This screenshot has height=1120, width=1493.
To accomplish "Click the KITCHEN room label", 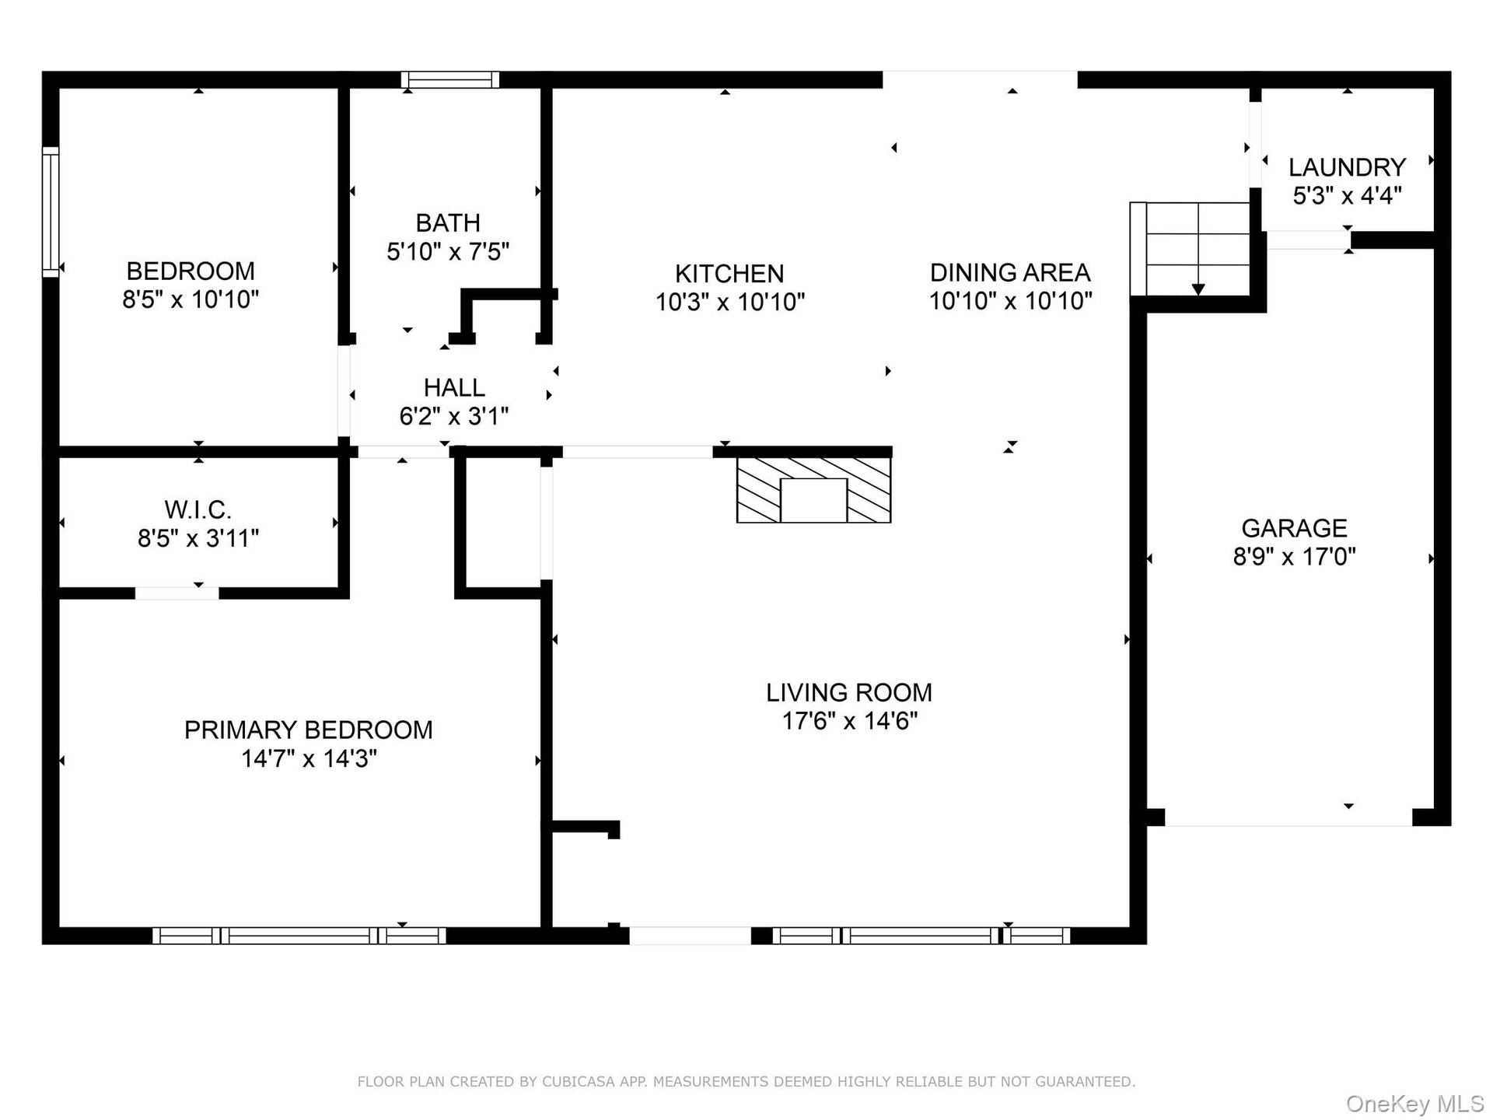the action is click(x=729, y=274).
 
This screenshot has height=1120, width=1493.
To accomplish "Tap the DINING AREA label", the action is click(x=1010, y=273).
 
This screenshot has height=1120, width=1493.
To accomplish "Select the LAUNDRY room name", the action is click(x=1347, y=167).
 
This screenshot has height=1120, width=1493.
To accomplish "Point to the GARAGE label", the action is click(x=1294, y=528).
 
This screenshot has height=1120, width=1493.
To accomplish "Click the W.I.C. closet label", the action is click(x=198, y=510).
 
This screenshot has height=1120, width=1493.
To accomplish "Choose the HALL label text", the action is click(x=454, y=387).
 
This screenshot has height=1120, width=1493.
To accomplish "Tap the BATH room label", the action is click(x=448, y=223).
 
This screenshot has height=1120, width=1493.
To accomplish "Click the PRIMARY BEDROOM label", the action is click(x=309, y=730).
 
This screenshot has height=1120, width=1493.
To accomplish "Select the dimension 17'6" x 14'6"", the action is click(x=849, y=721).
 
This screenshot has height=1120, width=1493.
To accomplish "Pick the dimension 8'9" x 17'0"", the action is click(x=1294, y=557).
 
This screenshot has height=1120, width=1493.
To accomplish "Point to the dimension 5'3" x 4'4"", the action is click(x=1347, y=195).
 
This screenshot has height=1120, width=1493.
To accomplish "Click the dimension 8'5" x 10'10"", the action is click(x=191, y=299).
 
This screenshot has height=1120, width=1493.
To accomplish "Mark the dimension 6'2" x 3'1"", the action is click(x=454, y=416).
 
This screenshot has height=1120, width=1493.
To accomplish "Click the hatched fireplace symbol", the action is click(x=813, y=489).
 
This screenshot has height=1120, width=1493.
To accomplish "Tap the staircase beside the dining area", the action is click(x=1190, y=249).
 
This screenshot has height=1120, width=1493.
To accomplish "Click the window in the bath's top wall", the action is click(x=450, y=79).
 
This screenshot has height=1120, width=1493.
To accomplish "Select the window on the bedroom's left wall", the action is click(x=51, y=212).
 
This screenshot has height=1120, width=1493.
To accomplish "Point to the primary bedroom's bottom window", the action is click(x=299, y=936).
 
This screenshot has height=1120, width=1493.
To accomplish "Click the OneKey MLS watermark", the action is click(x=1415, y=1103).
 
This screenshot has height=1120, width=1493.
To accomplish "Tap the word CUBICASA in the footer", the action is click(x=578, y=1082).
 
